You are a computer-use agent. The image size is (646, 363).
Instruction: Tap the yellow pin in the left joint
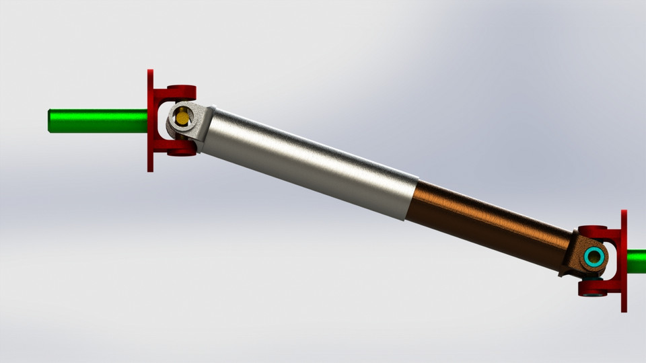[x=182, y=118]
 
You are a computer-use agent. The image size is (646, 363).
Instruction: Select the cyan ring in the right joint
[x=594, y=257]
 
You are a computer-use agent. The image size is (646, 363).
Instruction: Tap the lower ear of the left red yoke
[x=180, y=151]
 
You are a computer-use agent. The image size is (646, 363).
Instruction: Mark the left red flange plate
[x=151, y=121]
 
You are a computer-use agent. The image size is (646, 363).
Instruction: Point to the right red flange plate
[x=624, y=261]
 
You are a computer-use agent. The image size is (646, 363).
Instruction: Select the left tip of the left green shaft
[x=50, y=121]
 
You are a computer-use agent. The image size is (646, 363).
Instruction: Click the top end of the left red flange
[x=151, y=72]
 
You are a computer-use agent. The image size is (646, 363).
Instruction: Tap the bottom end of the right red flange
[x=624, y=309]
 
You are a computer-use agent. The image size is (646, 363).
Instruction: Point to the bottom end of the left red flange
[x=151, y=169]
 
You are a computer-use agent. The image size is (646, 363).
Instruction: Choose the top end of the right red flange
[x=624, y=212]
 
